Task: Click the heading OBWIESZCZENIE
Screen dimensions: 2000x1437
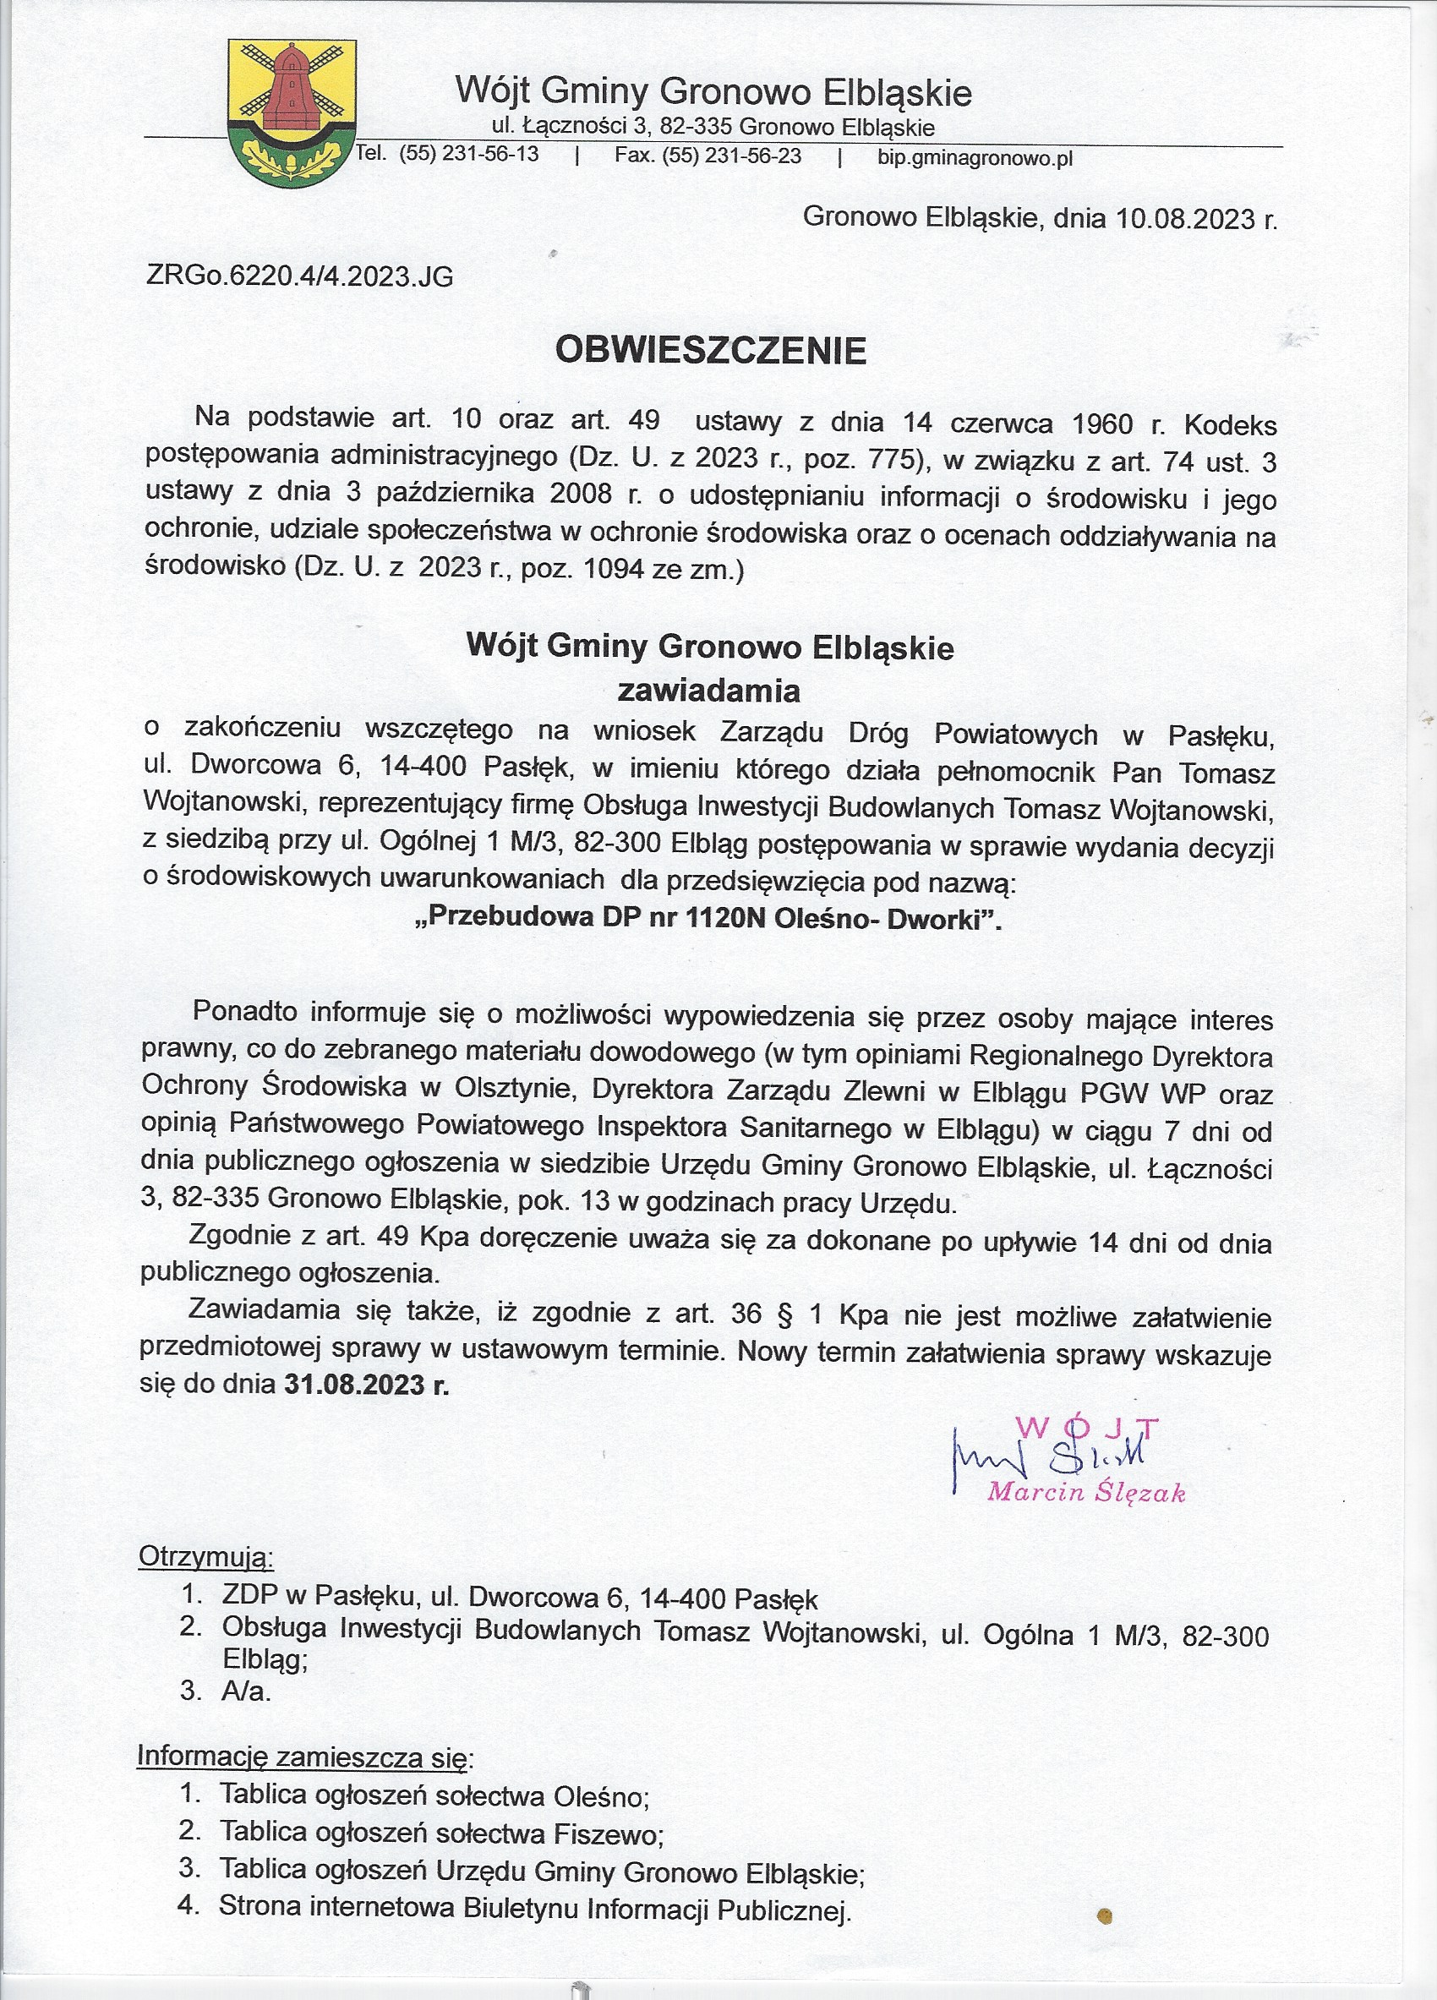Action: (x=711, y=351)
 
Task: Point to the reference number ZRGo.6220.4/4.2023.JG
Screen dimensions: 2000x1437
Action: (x=300, y=277)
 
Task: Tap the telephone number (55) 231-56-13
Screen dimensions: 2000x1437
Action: (x=469, y=156)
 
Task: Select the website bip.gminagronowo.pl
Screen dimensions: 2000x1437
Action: (x=975, y=159)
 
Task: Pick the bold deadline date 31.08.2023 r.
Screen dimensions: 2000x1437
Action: (x=366, y=1385)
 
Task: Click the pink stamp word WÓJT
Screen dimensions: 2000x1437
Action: (x=1087, y=1428)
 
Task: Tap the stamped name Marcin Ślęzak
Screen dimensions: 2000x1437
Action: (x=1086, y=1492)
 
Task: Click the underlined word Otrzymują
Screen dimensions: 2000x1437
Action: (x=206, y=1556)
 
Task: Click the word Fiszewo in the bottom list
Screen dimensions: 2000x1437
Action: (x=608, y=1834)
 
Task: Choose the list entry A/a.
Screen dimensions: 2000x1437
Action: (x=247, y=1691)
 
